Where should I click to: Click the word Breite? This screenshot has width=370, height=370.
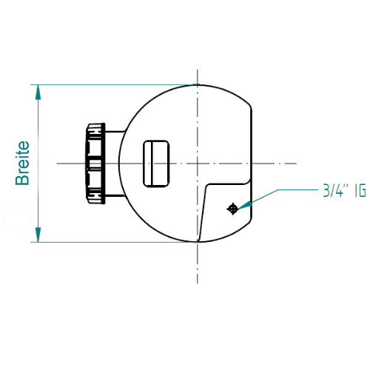[x=22, y=163]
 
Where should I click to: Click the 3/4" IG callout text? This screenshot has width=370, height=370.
[x=345, y=190]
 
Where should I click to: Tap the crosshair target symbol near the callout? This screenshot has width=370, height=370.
[x=232, y=209]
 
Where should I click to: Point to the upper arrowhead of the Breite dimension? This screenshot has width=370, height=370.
[x=38, y=92]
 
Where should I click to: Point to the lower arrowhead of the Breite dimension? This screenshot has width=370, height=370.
[x=38, y=235]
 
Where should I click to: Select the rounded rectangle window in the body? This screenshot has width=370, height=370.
[x=156, y=164]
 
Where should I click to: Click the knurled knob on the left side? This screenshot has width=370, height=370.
[x=95, y=164]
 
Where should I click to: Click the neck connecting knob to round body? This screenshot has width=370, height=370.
[x=115, y=164]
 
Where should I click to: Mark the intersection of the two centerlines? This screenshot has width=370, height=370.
[x=198, y=164]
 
